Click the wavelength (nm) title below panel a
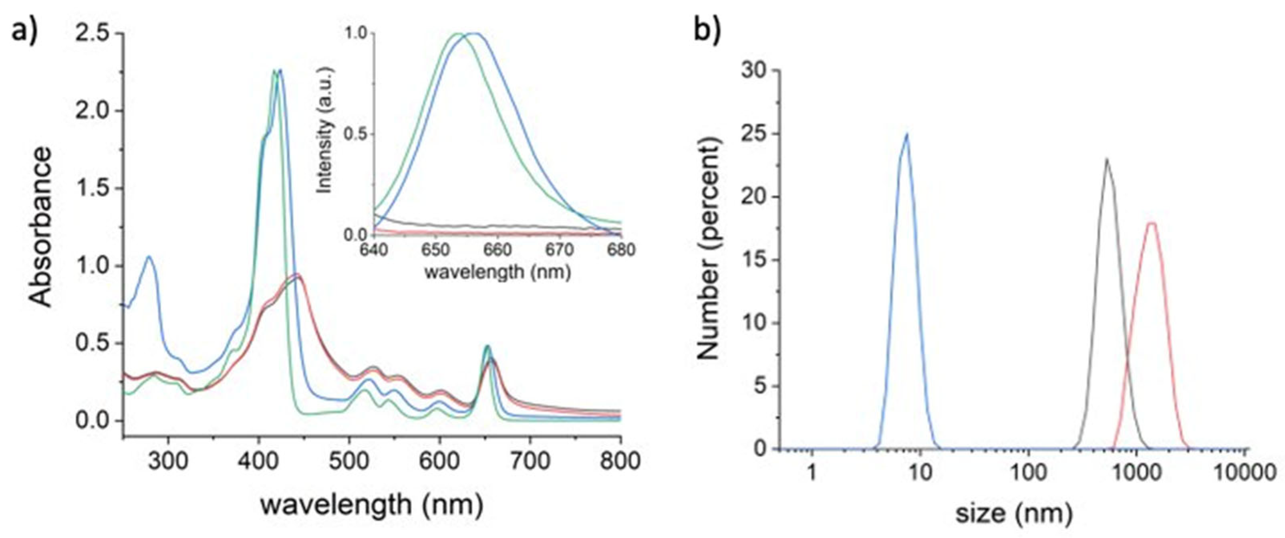point(372,505)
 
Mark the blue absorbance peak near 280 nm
point(149,257)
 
